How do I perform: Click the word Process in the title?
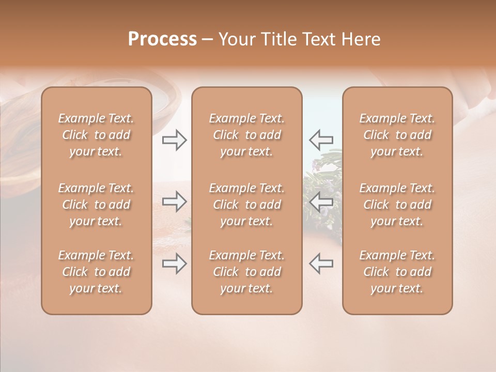pyautogui.click(x=162, y=39)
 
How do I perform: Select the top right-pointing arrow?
pyautogui.click(x=175, y=140)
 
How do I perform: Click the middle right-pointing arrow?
pyautogui.click(x=175, y=202)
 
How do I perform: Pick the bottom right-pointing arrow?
pyautogui.click(x=175, y=263)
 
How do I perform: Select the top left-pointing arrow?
pyautogui.click(x=321, y=140)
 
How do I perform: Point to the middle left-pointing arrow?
pyautogui.click(x=321, y=202)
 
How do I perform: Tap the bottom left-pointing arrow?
pyautogui.click(x=321, y=263)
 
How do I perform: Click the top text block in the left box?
pyautogui.click(x=96, y=135)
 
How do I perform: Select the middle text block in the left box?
pyautogui.click(x=96, y=205)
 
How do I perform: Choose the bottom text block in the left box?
pyautogui.click(x=96, y=272)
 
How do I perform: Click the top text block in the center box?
pyautogui.click(x=246, y=135)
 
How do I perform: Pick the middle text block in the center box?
pyautogui.click(x=246, y=205)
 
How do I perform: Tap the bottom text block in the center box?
pyautogui.click(x=246, y=272)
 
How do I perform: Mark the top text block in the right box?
pyautogui.click(x=397, y=135)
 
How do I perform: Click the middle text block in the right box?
pyautogui.click(x=397, y=205)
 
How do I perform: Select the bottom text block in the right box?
pyautogui.click(x=397, y=272)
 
